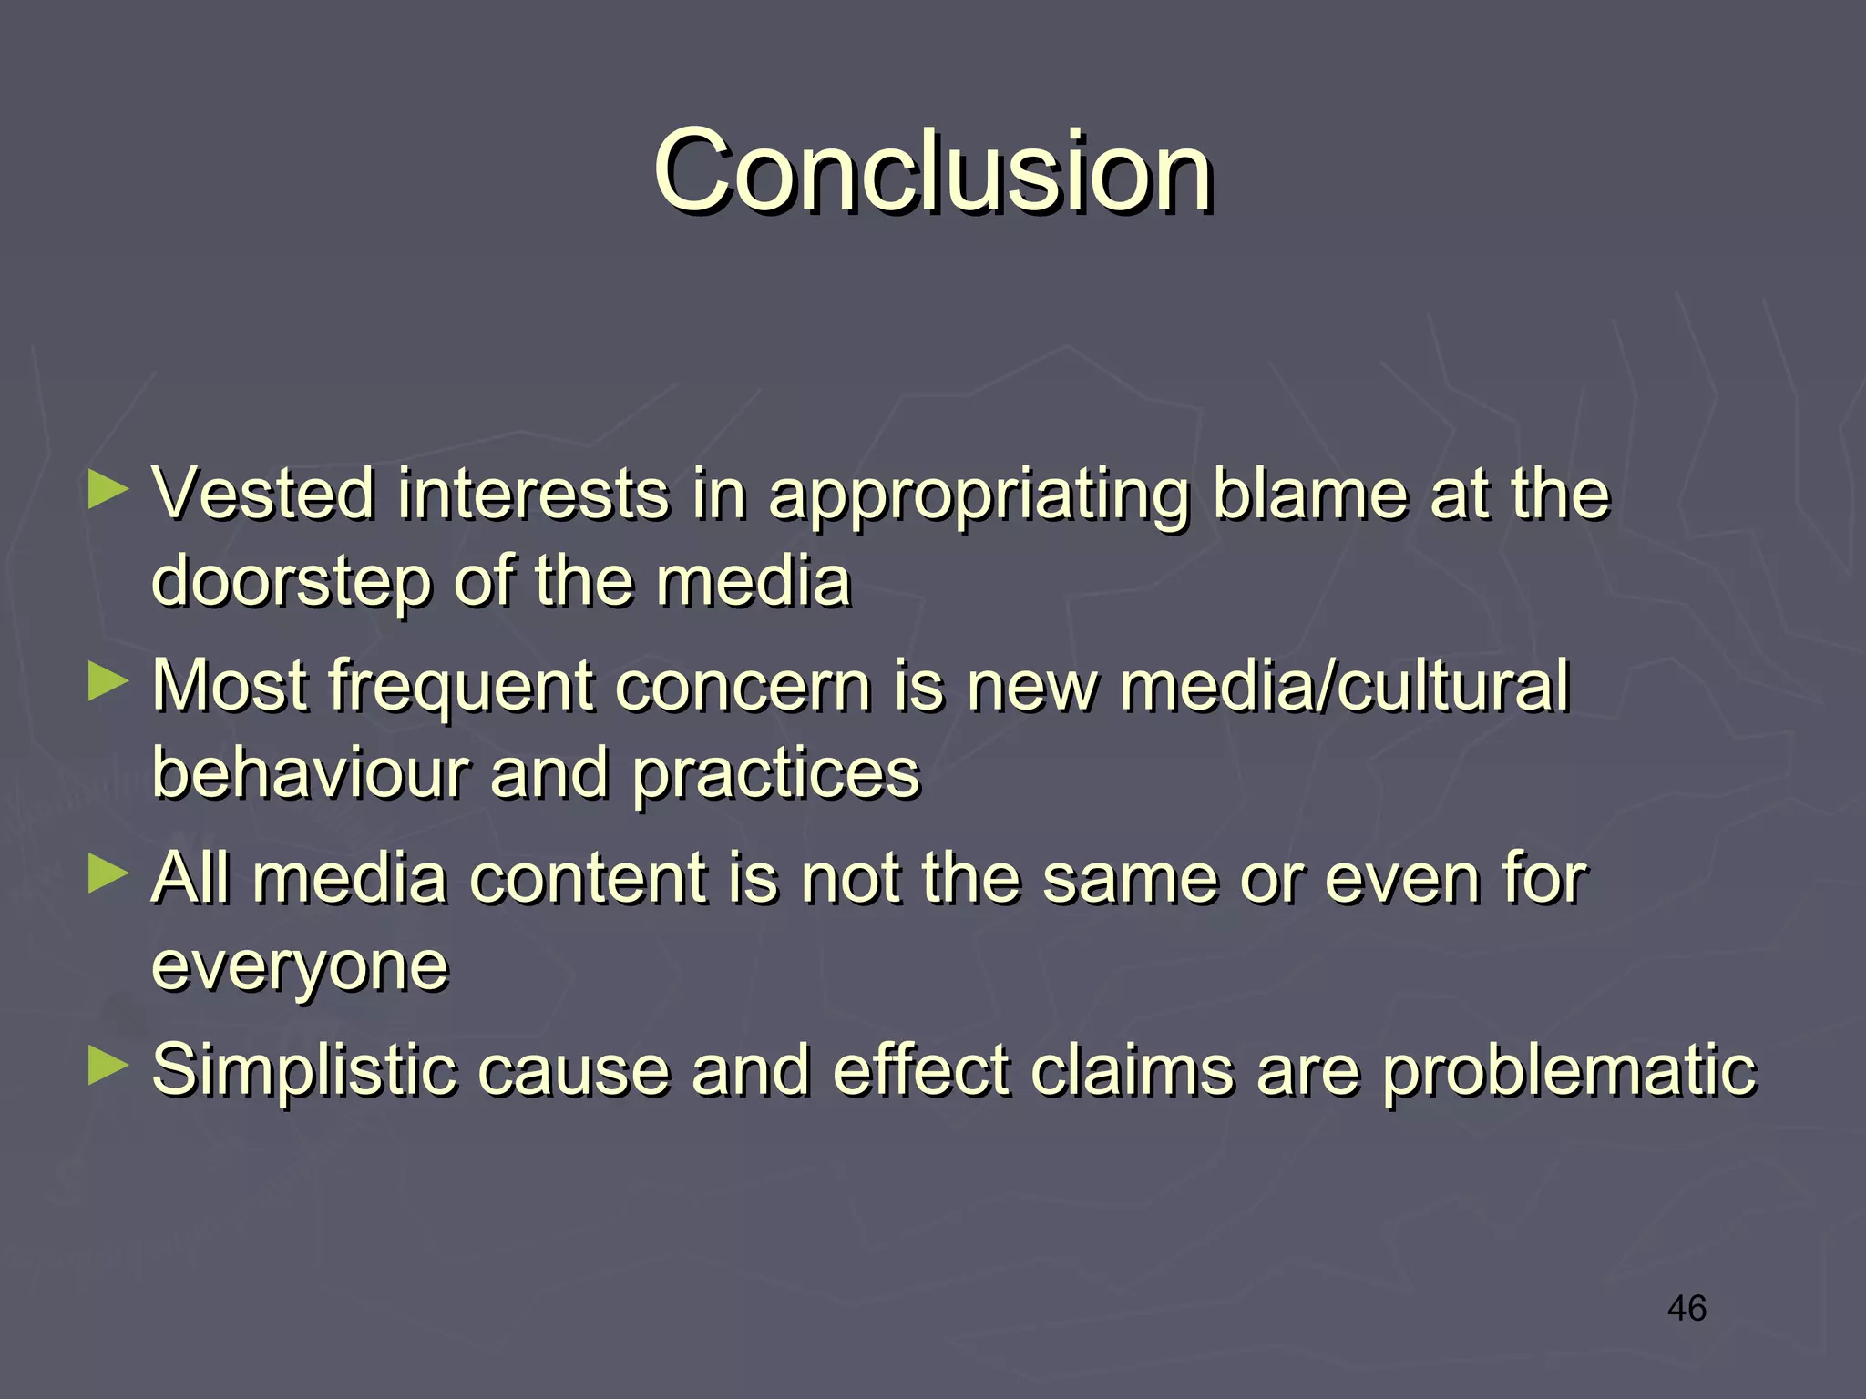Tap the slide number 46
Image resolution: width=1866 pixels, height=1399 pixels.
coord(1687,1309)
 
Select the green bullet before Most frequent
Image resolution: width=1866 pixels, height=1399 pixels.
coord(108,682)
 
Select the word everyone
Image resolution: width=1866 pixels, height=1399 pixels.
coord(300,968)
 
